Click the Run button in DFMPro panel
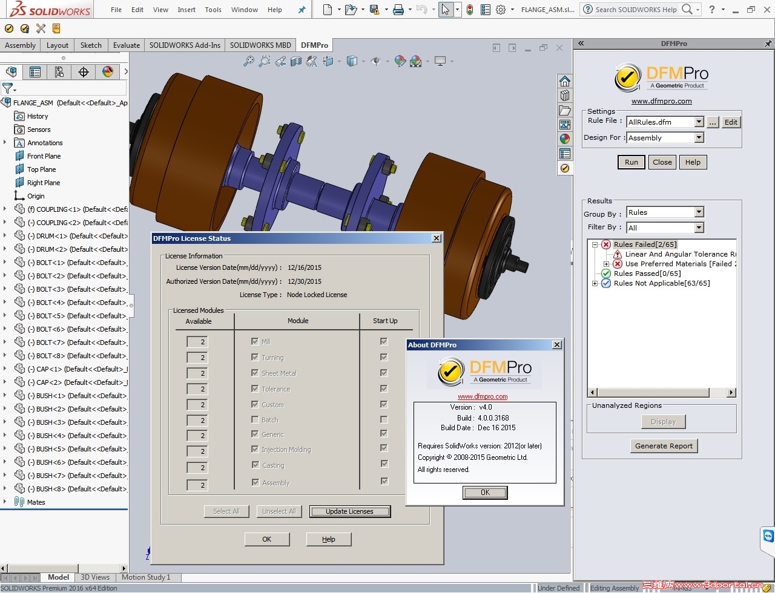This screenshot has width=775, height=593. (x=631, y=162)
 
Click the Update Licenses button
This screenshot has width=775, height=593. (x=349, y=511)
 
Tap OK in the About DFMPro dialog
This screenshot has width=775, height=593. (x=485, y=493)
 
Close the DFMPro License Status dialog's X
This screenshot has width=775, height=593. (x=436, y=238)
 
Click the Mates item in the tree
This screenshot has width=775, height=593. (x=36, y=502)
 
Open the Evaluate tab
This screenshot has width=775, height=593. (x=126, y=45)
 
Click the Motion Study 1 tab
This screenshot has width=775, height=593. (x=146, y=577)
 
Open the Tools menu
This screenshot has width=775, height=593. (x=213, y=10)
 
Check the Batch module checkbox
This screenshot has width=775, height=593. (x=255, y=419)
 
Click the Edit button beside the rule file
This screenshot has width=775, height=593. (x=731, y=122)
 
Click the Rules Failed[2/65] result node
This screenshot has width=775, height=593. (x=645, y=244)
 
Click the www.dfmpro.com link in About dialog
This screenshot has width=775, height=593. (x=483, y=397)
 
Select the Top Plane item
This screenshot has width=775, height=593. (x=41, y=169)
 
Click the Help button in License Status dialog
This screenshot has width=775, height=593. (x=328, y=539)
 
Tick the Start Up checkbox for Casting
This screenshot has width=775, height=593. (x=384, y=464)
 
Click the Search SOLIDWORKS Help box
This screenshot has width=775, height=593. (x=636, y=10)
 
